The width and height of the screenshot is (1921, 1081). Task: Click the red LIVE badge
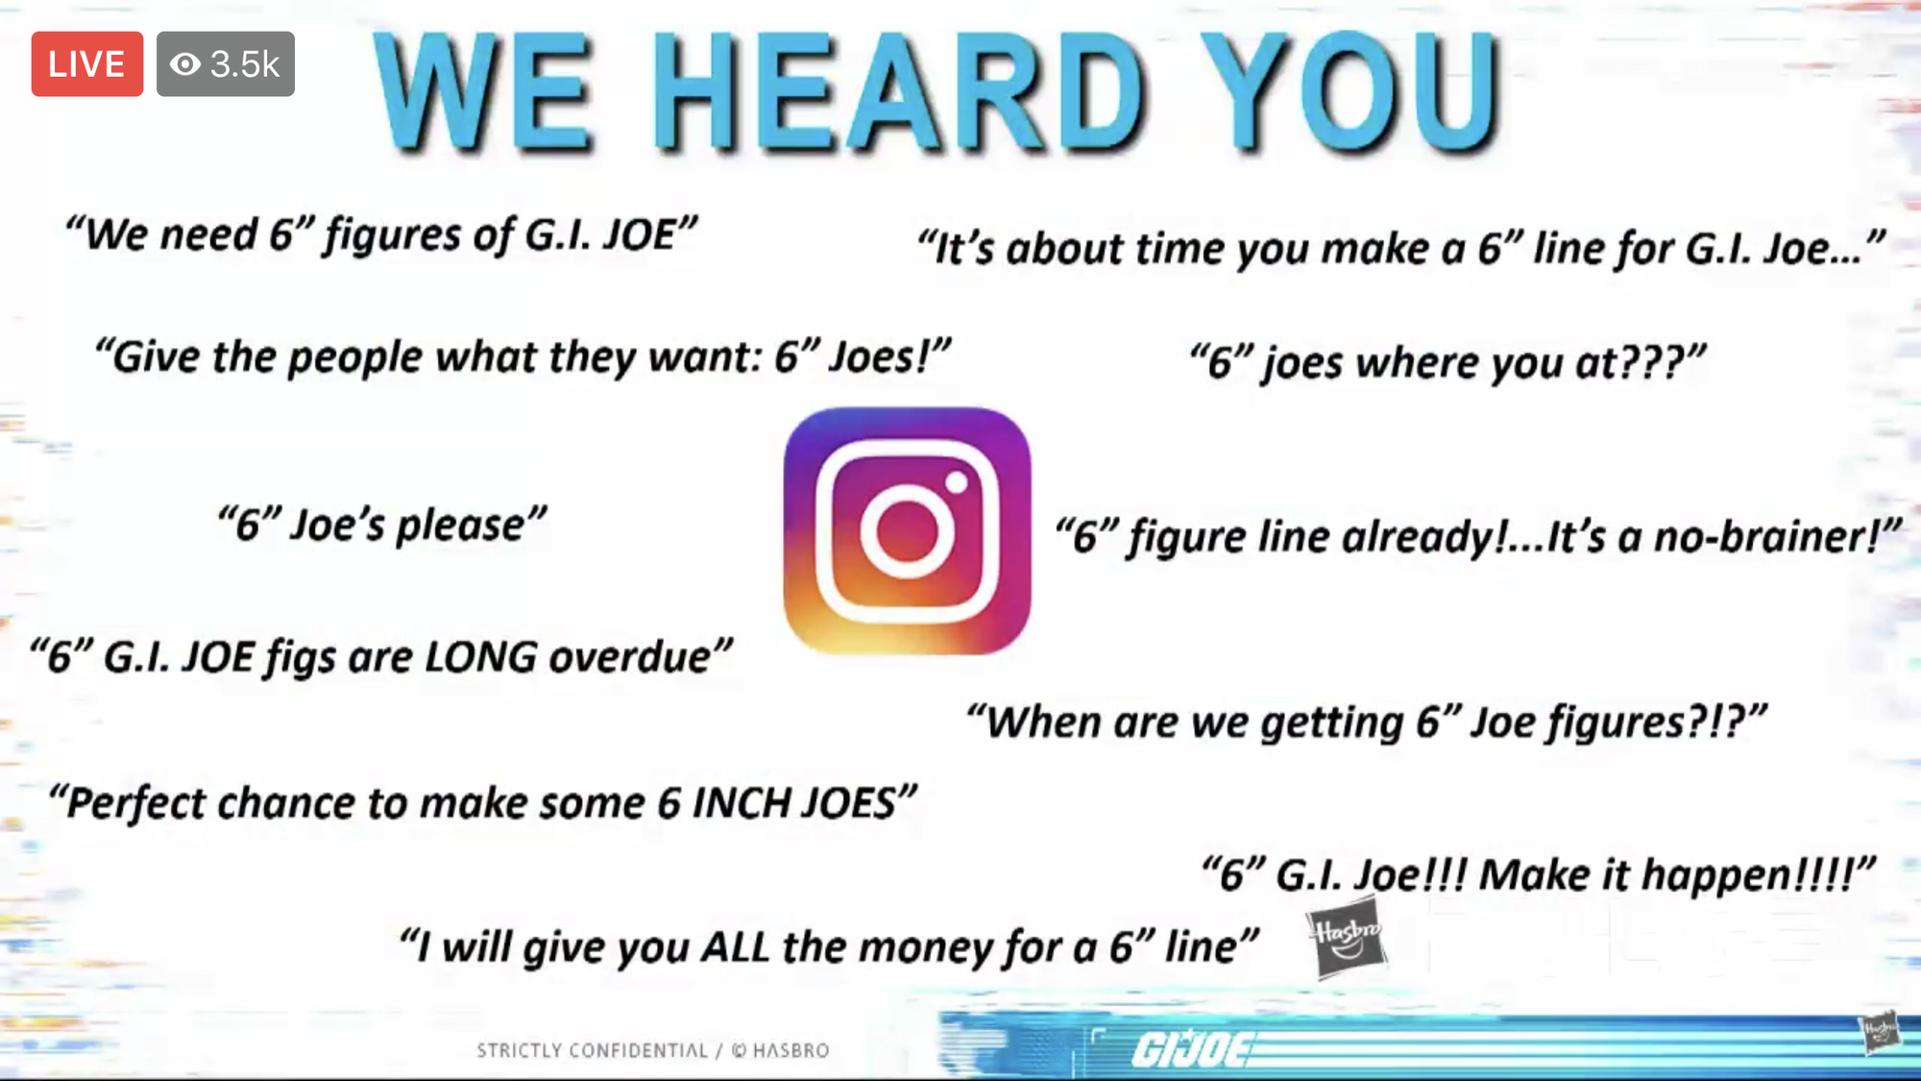[x=87, y=63]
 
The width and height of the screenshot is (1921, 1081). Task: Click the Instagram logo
[x=907, y=530]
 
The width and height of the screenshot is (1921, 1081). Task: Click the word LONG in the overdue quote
[x=481, y=657]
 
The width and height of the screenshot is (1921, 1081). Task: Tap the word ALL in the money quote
[x=735, y=947]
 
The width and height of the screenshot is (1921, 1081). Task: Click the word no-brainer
[x=1764, y=536]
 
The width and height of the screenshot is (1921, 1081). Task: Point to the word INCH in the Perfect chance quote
[x=742, y=803]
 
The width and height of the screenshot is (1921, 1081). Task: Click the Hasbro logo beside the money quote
[x=1347, y=938]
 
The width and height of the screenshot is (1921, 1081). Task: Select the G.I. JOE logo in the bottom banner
[x=1191, y=1048]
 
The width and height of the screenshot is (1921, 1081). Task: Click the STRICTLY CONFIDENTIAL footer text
[x=592, y=1050]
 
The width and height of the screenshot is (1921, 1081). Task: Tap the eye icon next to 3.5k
[x=185, y=64]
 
